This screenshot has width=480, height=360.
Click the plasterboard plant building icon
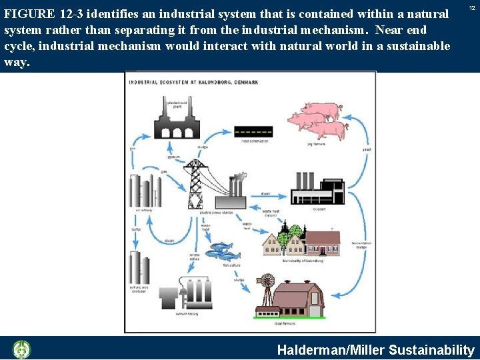click(177, 120)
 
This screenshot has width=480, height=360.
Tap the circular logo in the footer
click(22, 349)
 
